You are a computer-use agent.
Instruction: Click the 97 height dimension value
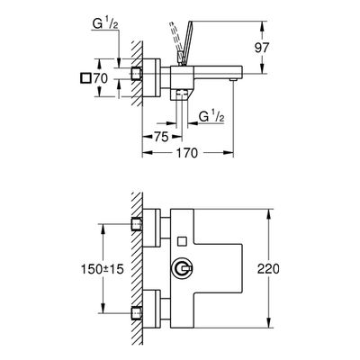[x=262, y=48]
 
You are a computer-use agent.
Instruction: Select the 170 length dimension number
[x=186, y=153]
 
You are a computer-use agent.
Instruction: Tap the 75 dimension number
[x=161, y=137]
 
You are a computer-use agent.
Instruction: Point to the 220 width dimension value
[x=268, y=269]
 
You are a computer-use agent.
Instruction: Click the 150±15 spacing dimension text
[x=103, y=269]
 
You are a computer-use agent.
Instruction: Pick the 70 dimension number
[x=100, y=78]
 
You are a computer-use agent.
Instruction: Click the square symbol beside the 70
[x=85, y=78]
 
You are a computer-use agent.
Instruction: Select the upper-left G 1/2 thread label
[x=104, y=25]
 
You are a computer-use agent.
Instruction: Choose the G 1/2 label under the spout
[x=211, y=116]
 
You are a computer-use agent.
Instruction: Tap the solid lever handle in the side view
[x=184, y=42]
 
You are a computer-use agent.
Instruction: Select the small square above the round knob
[x=182, y=240]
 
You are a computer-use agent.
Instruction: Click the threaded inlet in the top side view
[x=137, y=74]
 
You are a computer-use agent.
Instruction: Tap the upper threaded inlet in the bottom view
[x=137, y=224]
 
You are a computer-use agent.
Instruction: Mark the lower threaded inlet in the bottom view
[x=137, y=313]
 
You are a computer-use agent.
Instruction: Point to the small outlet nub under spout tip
[x=232, y=79]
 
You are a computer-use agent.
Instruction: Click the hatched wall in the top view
[x=137, y=73]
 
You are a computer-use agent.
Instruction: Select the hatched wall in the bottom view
[x=137, y=268]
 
